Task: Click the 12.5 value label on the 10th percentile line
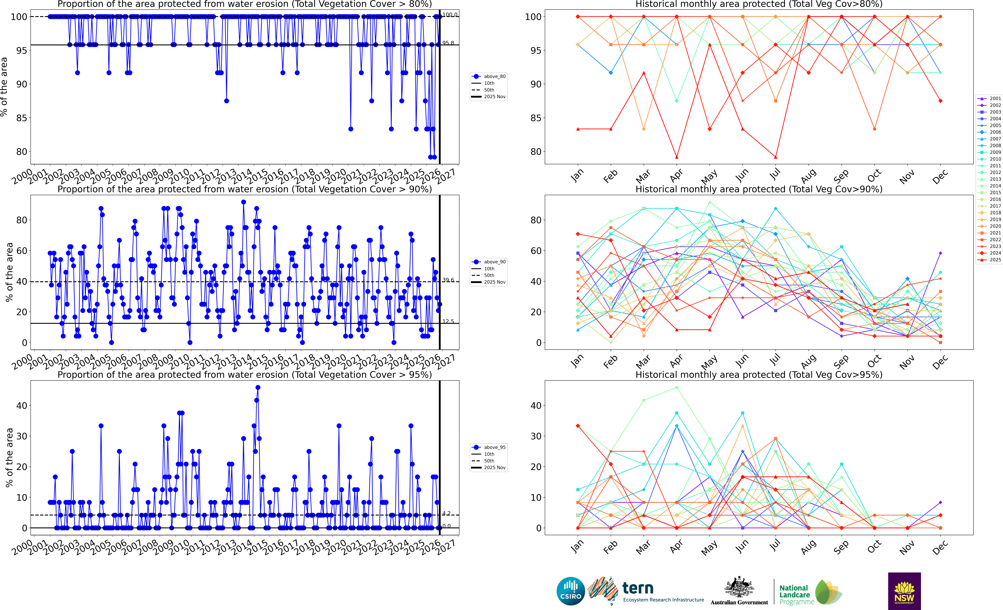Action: pyautogui.click(x=448, y=321)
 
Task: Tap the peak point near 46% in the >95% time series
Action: pyautogui.click(x=258, y=388)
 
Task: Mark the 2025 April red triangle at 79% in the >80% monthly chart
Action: pyautogui.click(x=677, y=157)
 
